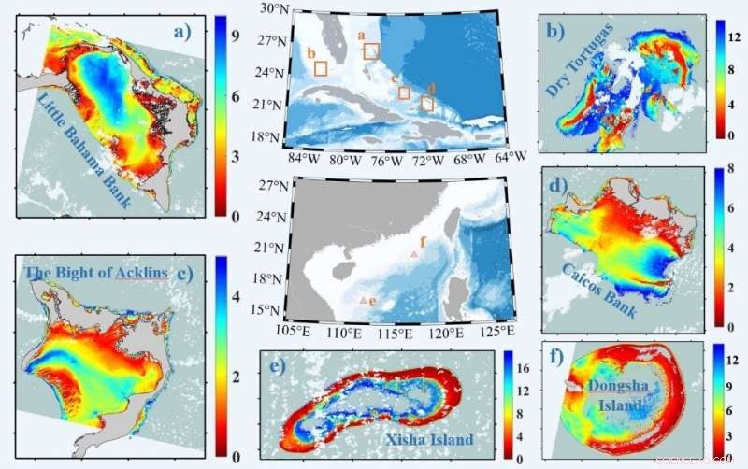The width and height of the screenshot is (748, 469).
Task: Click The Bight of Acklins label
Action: (x=96, y=273)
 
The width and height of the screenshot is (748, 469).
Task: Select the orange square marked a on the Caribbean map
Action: (x=371, y=50)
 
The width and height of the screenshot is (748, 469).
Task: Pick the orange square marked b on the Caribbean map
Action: (x=320, y=67)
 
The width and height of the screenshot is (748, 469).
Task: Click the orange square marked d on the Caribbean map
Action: (x=427, y=103)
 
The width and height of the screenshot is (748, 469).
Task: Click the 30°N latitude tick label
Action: (x=272, y=9)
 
